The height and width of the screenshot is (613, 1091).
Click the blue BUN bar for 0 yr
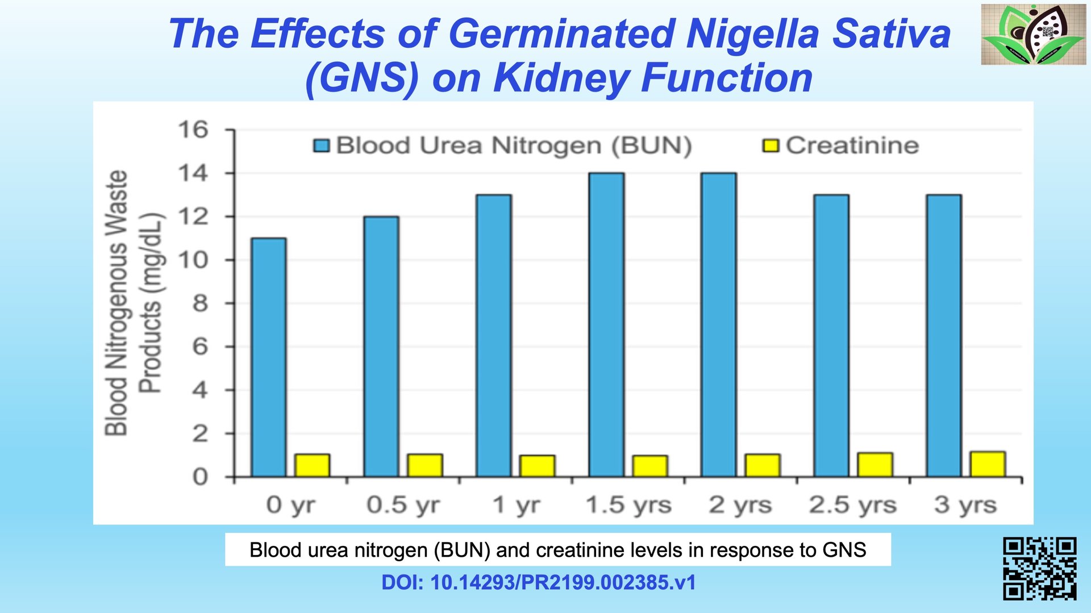pos(269,357)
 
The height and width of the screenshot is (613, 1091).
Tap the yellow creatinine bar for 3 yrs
pos(988,464)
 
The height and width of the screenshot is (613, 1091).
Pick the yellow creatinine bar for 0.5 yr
pos(425,465)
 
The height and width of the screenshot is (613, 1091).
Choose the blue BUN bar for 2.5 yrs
pos(831,336)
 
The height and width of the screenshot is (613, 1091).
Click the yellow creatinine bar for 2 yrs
pos(763,465)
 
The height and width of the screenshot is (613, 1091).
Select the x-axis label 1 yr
pos(516,504)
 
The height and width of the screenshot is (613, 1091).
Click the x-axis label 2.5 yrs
pos(853,504)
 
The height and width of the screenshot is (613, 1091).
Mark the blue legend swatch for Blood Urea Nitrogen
pos(322,146)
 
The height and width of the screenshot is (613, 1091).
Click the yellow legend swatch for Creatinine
pos(771,146)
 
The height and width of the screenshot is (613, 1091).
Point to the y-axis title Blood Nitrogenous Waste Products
pos(134,303)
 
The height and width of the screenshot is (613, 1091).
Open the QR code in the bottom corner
pos(1039,569)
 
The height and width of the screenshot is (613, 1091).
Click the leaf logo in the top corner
pos(1033,34)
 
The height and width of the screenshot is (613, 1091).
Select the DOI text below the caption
pos(538,582)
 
